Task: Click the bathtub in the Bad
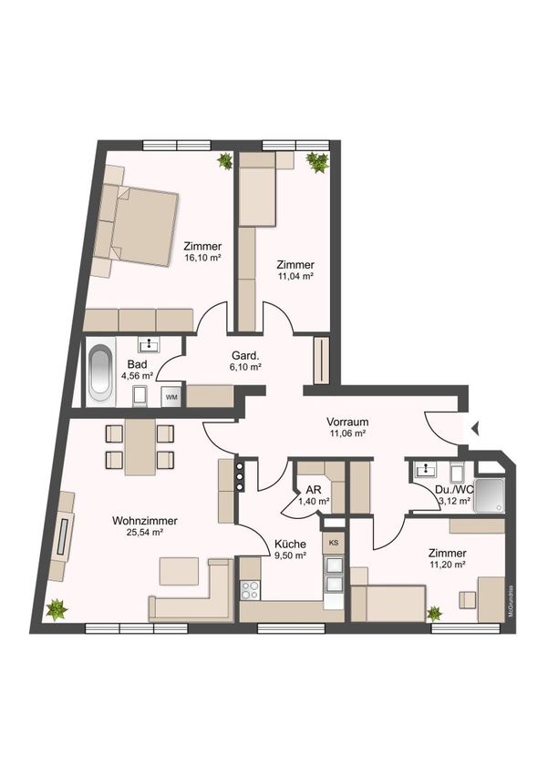pyautogui.click(x=101, y=372)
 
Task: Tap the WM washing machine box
pyautogui.click(x=171, y=397)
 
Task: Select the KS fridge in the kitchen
pyautogui.click(x=334, y=543)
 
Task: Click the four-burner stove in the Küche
pyautogui.click(x=250, y=590)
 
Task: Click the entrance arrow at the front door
pyautogui.click(x=476, y=428)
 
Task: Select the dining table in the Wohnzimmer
pyautogui.click(x=140, y=447)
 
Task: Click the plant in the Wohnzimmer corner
pyautogui.click(x=57, y=609)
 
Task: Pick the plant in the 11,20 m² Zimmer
pyautogui.click(x=434, y=614)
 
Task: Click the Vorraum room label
pyautogui.click(x=347, y=422)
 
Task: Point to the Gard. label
pyautogui.click(x=245, y=355)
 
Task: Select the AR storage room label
pyautogui.click(x=314, y=490)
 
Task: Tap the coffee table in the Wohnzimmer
pyautogui.click(x=179, y=571)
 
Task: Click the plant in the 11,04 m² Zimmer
pyautogui.click(x=316, y=162)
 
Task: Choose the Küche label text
pyautogui.click(x=290, y=544)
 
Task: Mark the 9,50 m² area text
pyautogui.click(x=290, y=555)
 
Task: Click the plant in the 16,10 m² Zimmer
pyautogui.click(x=225, y=161)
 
